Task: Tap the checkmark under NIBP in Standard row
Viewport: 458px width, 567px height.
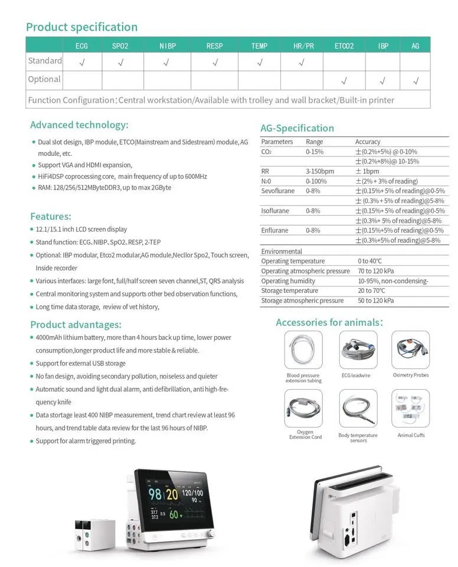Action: click(x=166, y=61)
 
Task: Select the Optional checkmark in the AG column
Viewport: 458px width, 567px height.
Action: click(x=416, y=80)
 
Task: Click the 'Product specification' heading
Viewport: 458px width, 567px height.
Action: click(x=81, y=27)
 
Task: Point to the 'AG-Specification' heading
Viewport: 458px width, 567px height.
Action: click(x=297, y=128)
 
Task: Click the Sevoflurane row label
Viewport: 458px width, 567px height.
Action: click(x=275, y=191)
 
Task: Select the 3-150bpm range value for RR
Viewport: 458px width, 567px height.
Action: click(x=320, y=171)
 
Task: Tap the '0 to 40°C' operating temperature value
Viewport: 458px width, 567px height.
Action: click(x=370, y=261)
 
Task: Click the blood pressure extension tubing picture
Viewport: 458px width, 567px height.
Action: click(x=303, y=350)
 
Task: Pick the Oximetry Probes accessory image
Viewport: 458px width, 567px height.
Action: click(x=411, y=350)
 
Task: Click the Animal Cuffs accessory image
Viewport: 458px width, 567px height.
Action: click(x=411, y=409)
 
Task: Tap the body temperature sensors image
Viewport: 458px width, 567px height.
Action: click(x=358, y=409)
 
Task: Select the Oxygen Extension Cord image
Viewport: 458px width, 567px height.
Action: click(x=303, y=409)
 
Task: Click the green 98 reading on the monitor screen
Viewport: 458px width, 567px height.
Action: click(x=155, y=494)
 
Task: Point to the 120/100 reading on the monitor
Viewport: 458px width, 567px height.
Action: click(x=192, y=491)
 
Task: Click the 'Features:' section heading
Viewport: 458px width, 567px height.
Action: click(x=51, y=216)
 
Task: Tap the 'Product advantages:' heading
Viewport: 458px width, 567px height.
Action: click(x=76, y=324)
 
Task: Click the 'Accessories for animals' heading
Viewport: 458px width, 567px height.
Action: click(x=329, y=322)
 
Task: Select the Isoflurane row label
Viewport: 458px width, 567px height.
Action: click(x=275, y=211)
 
